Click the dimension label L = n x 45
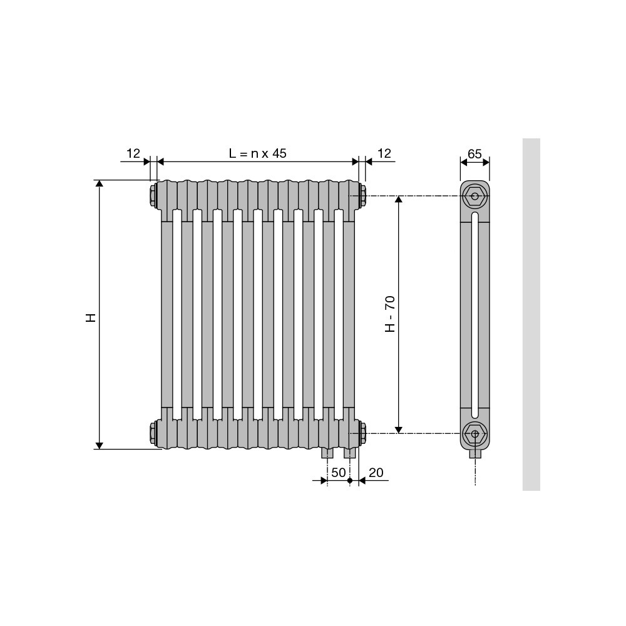(x=257, y=153)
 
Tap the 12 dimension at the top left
(x=133, y=153)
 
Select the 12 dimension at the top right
(x=384, y=153)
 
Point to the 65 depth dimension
(x=475, y=154)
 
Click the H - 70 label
(x=390, y=314)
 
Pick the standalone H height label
(x=91, y=318)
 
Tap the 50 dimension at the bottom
(x=338, y=473)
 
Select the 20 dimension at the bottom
(x=376, y=473)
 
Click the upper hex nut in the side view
(x=475, y=196)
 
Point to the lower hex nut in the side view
(x=475, y=434)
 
